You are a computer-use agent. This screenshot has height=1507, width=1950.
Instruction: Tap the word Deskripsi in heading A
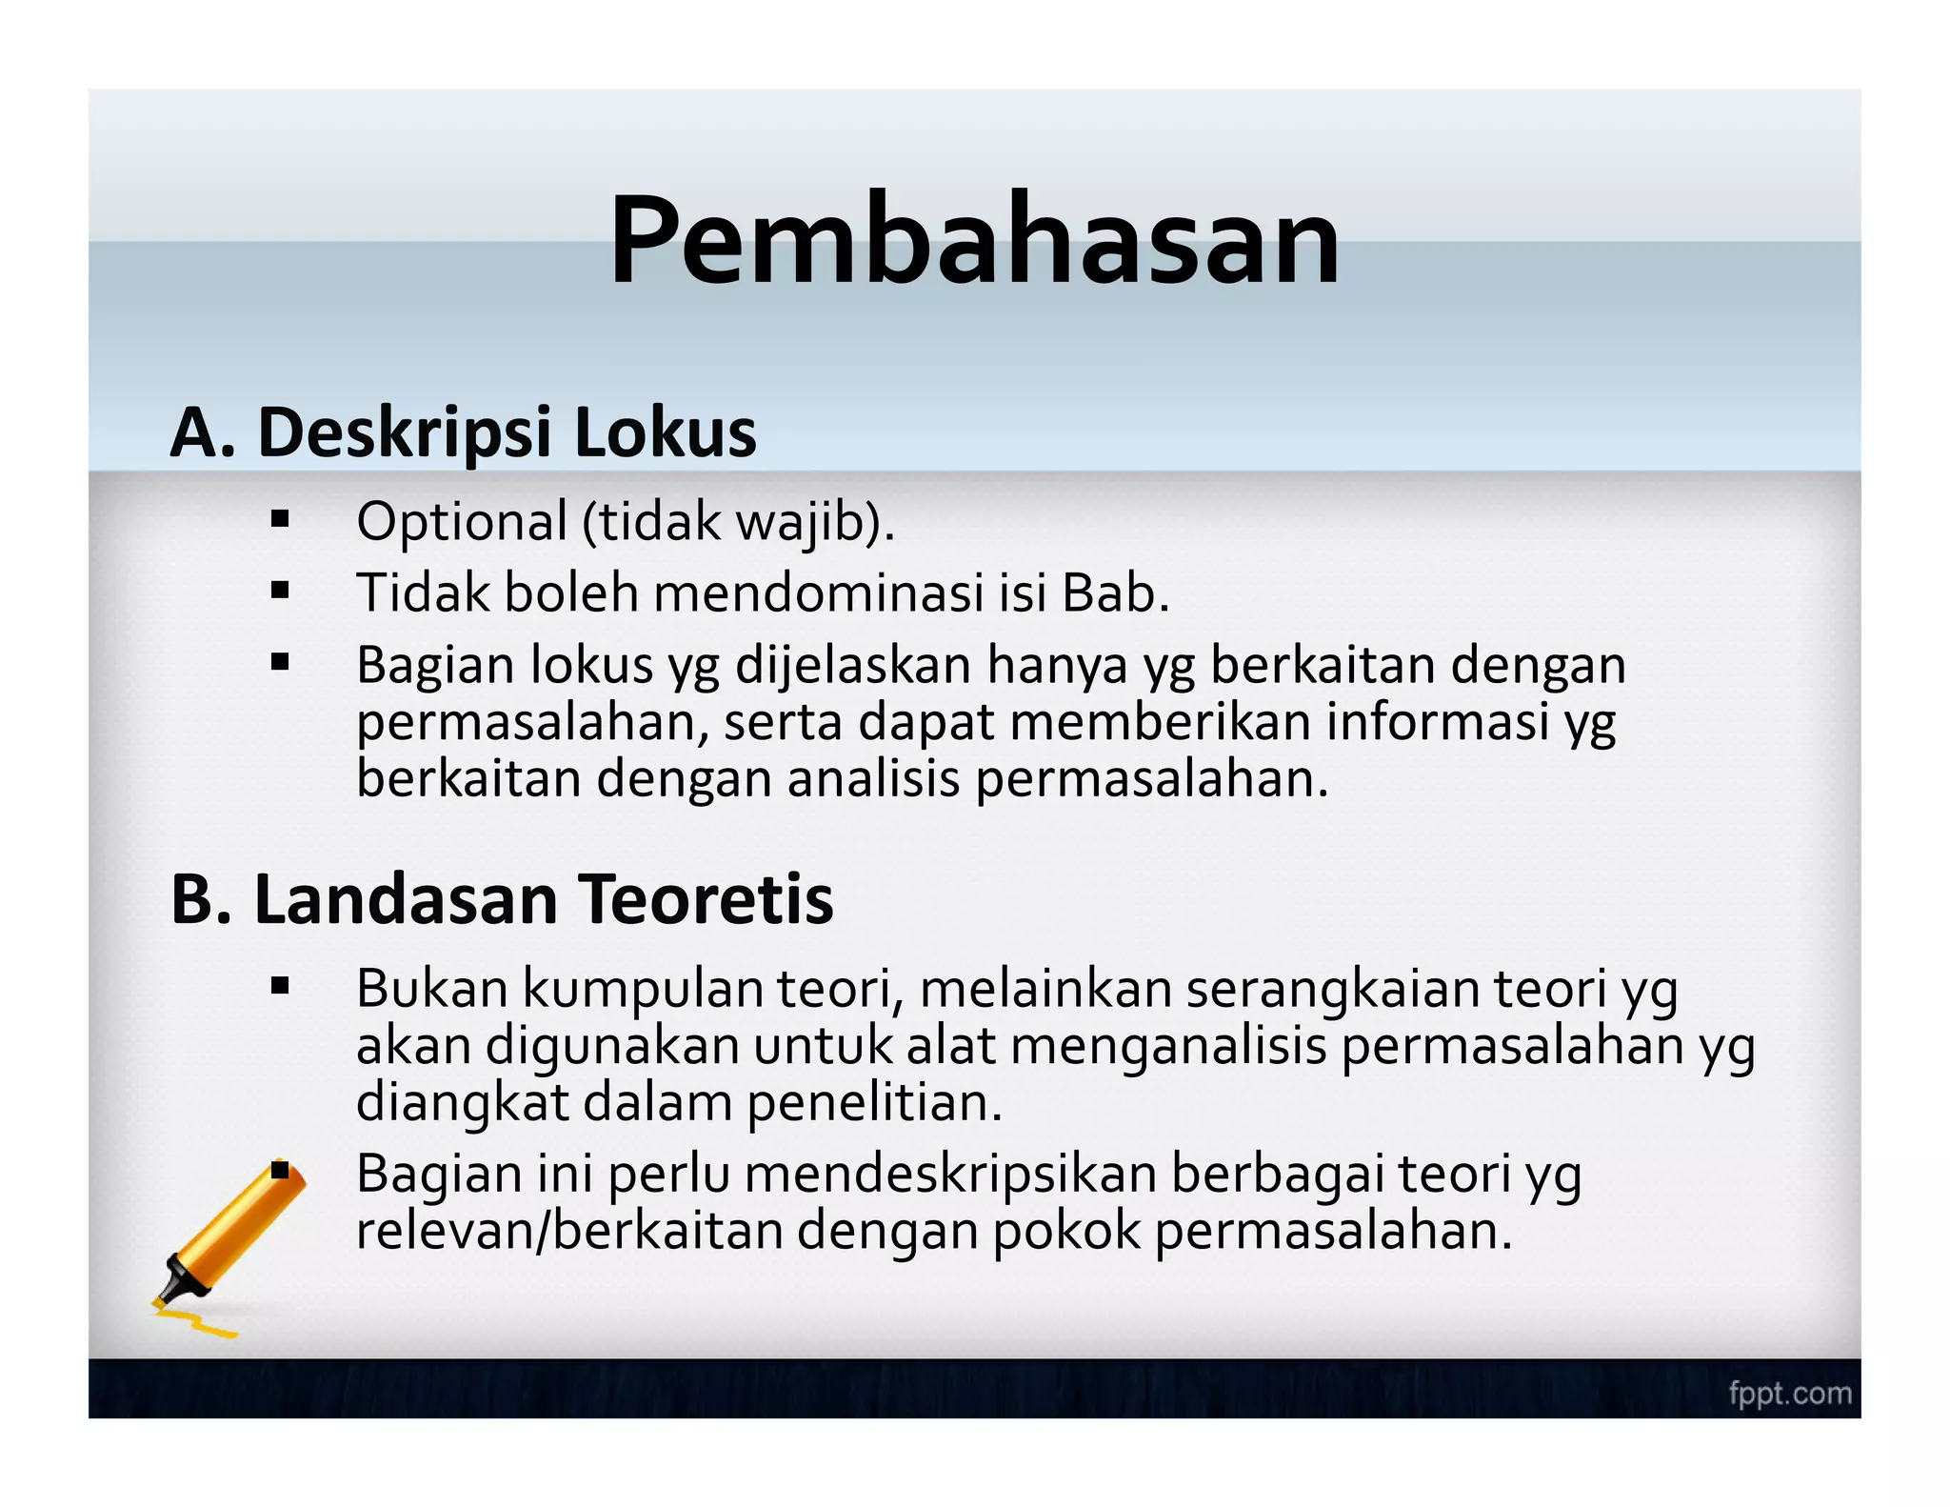coord(405,433)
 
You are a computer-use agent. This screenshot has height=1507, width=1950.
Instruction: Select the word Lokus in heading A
coord(665,433)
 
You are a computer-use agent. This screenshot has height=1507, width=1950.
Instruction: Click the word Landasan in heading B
coord(405,900)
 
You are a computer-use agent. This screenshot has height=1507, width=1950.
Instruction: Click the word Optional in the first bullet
coord(462,523)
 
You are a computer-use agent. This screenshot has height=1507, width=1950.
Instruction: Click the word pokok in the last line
coord(1065,1231)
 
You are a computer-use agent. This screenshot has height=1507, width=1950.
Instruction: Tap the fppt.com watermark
coord(1790,1394)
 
